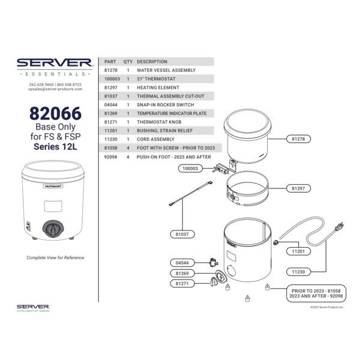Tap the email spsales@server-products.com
(x=55, y=90)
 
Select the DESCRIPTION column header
(x=152, y=61)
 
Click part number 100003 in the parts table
(x=112, y=79)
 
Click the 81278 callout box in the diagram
(x=298, y=139)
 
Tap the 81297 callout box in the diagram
(x=298, y=188)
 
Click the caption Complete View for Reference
(x=55, y=257)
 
